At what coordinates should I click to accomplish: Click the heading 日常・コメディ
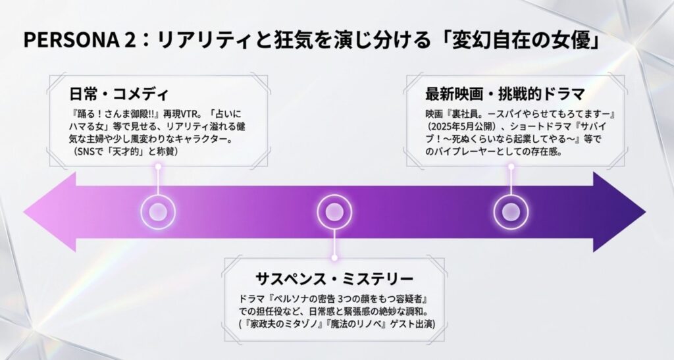[x=119, y=94]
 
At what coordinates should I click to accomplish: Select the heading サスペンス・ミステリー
[x=334, y=278]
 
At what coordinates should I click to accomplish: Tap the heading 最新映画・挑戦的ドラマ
[x=505, y=93]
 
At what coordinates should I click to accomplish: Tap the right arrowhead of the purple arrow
[x=619, y=212]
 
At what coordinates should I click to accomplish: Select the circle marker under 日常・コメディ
[x=158, y=212]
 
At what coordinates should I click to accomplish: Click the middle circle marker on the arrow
[x=334, y=212]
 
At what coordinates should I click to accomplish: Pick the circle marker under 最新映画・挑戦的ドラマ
[x=511, y=212]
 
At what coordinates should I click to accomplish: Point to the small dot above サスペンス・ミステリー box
[x=334, y=258]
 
